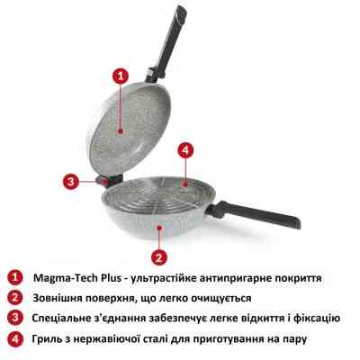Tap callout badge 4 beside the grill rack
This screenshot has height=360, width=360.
185,149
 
